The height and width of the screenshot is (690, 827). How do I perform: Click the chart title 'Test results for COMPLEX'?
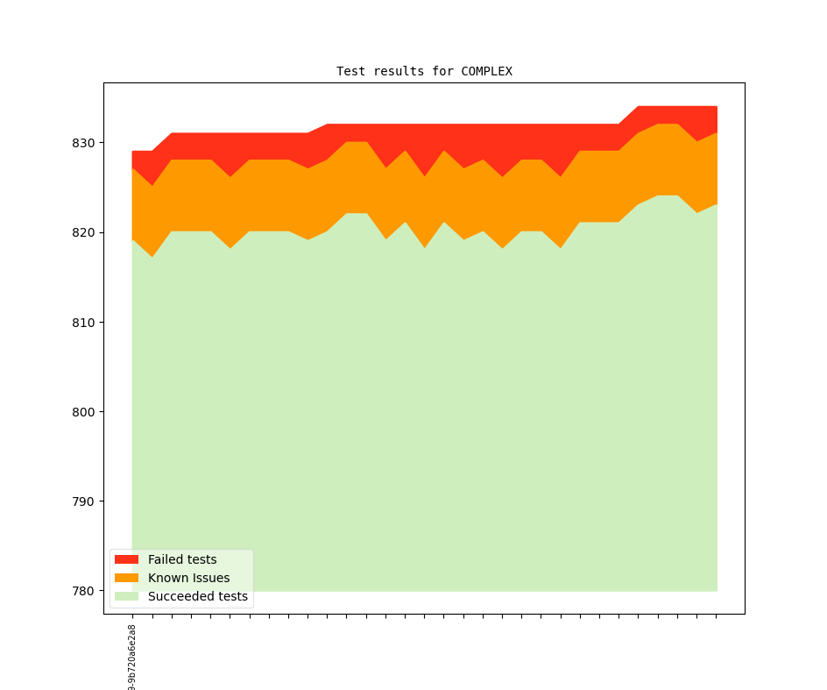pyautogui.click(x=424, y=71)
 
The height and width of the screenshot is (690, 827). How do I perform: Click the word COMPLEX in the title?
pyautogui.click(x=486, y=71)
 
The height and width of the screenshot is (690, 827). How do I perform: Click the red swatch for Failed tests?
pyautogui.click(x=126, y=559)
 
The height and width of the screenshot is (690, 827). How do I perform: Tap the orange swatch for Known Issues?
pyautogui.click(x=126, y=578)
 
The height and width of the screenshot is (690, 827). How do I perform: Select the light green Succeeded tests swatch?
pyautogui.click(x=126, y=596)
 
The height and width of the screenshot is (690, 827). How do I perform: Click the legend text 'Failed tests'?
pyautogui.click(x=182, y=559)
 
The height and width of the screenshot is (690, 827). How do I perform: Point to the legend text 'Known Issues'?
pyautogui.click(x=188, y=578)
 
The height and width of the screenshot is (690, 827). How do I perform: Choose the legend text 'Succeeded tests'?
pyautogui.click(x=198, y=596)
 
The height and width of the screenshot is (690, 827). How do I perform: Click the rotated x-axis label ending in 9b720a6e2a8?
pyautogui.click(x=132, y=658)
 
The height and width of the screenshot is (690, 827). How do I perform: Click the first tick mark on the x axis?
pyautogui.click(x=132, y=616)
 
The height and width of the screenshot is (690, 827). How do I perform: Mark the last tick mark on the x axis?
pyautogui.click(x=717, y=616)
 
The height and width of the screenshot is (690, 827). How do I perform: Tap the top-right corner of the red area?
pyautogui.click(x=717, y=107)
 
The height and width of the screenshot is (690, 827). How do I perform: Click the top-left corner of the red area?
pyautogui.click(x=133, y=152)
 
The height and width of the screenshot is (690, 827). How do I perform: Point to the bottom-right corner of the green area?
pyautogui.click(x=717, y=590)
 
